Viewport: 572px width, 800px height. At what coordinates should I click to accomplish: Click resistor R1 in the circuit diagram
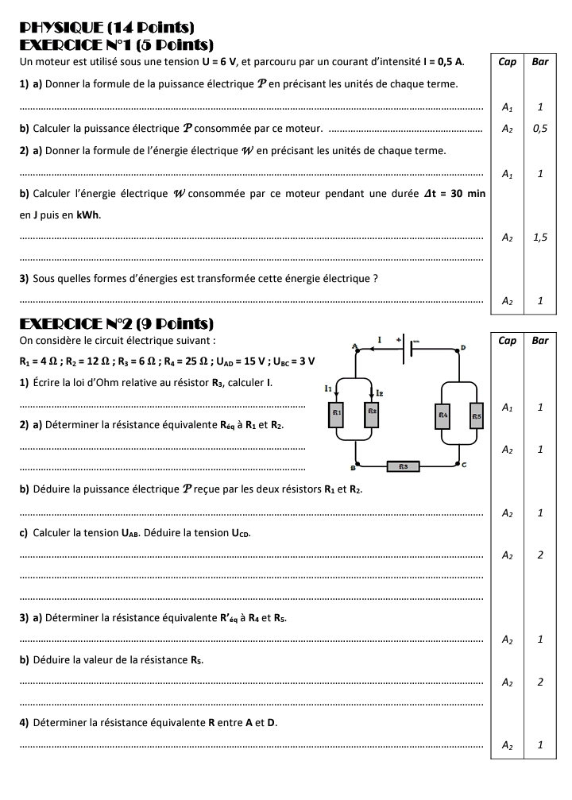[337, 415]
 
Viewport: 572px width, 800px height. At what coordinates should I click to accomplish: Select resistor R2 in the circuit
[371, 414]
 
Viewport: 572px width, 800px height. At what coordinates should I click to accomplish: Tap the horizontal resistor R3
[404, 466]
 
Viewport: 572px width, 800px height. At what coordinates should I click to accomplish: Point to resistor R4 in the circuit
[442, 415]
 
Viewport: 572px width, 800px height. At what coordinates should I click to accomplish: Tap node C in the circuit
[461, 463]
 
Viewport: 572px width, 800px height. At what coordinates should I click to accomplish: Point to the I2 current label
[381, 391]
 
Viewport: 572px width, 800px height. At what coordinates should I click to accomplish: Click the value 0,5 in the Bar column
[539, 128]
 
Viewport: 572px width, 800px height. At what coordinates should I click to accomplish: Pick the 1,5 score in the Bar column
[539, 237]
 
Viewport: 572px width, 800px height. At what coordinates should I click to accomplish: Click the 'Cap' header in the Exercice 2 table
[506, 340]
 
